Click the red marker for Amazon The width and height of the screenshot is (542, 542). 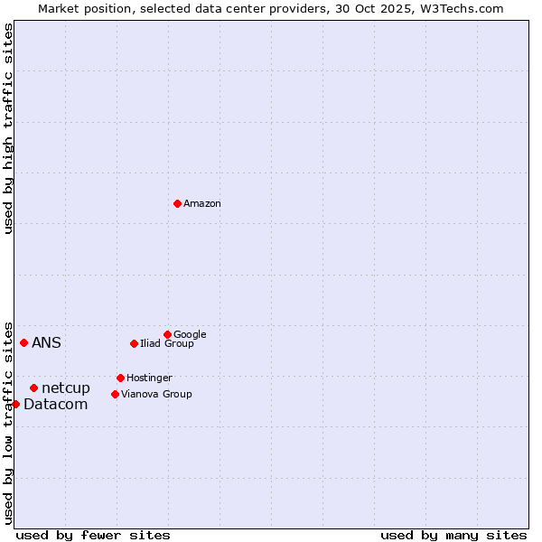pyautogui.click(x=177, y=203)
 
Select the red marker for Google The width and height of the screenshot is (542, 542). pyautogui.click(x=167, y=334)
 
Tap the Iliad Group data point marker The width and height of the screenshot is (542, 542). pyautogui.click(x=134, y=343)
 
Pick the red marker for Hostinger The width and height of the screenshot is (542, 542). pyautogui.click(x=120, y=378)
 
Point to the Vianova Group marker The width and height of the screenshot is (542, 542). pyautogui.click(x=115, y=394)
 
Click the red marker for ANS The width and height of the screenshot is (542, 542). pyautogui.click(x=23, y=342)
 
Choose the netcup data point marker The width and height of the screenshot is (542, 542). pyautogui.click(x=33, y=388)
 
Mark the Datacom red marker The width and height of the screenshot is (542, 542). pyautogui.click(x=15, y=404)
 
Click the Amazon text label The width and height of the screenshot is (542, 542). pyautogui.click(x=202, y=204)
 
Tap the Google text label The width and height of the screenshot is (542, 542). pyautogui.click(x=190, y=334)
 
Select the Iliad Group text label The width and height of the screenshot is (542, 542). pyautogui.click(x=167, y=343)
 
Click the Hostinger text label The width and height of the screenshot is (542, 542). pyautogui.click(x=149, y=378)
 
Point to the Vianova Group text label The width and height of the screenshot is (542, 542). pyautogui.click(x=156, y=394)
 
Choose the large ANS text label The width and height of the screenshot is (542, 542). pyautogui.click(x=46, y=343)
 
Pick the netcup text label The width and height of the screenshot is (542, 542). pyautogui.click(x=66, y=388)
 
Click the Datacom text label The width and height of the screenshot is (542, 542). pyautogui.click(x=56, y=405)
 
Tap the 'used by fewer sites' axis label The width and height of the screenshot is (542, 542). pyautogui.click(x=93, y=535)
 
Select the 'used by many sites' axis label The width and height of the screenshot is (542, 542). pyautogui.click(x=453, y=535)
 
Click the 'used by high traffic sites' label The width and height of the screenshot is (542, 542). pyautogui.click(x=8, y=128)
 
